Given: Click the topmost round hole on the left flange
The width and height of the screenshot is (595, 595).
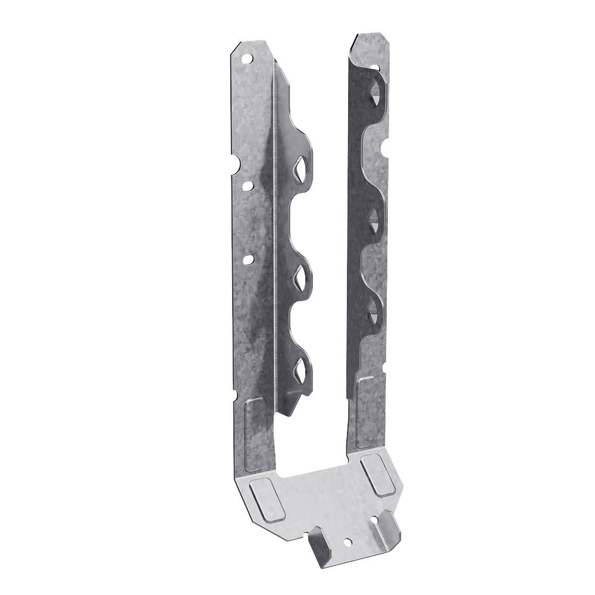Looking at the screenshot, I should (x=246, y=58).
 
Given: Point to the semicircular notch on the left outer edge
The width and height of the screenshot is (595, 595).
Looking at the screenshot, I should (x=236, y=161).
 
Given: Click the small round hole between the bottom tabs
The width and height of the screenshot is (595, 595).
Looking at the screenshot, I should (x=348, y=541).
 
